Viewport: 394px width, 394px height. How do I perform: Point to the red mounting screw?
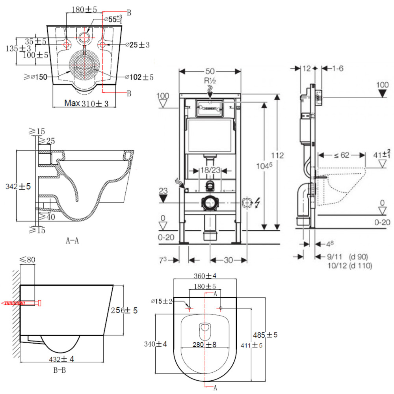coord(22,303)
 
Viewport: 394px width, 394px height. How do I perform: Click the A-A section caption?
coord(72,240)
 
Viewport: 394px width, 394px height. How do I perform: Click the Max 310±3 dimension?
coord(86,104)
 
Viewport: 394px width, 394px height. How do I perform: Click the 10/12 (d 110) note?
coord(350,266)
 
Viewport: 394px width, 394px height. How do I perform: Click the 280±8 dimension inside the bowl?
coord(205,344)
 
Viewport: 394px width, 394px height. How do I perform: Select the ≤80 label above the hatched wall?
coord(28,260)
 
